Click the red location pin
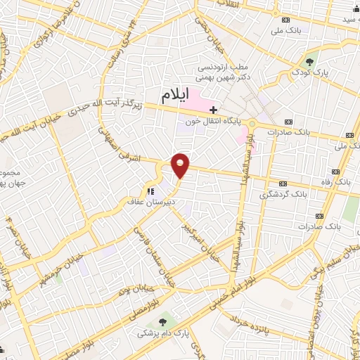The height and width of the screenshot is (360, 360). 181,165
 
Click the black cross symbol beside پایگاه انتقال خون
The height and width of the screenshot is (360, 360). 214,110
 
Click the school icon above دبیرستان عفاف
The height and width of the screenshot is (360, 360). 149,190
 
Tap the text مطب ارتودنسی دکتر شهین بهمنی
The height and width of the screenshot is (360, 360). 230,72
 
